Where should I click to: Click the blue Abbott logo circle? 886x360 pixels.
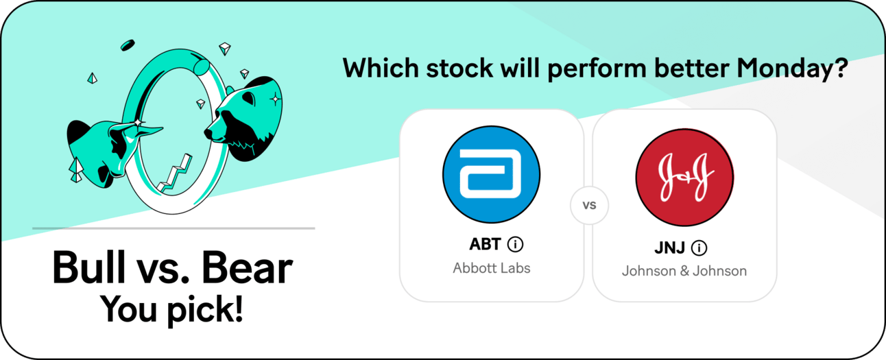[491, 174]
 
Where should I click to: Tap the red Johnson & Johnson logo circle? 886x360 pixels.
[684, 177]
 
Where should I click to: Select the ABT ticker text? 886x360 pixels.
[485, 244]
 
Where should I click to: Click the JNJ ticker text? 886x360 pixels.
[669, 248]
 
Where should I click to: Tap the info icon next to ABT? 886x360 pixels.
[516, 244]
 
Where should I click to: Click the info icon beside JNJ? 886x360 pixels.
[699, 248]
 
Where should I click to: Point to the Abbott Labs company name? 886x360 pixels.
[491, 268]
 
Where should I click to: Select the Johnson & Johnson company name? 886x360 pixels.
[684, 271]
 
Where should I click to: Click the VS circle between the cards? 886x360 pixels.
[589, 205]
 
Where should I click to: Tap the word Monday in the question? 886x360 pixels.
[787, 68]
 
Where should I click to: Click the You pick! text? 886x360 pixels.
[171, 310]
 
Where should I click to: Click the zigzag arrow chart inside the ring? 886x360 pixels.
[174, 174]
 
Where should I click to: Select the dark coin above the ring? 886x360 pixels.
[128, 45]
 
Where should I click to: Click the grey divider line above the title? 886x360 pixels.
[173, 228]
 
